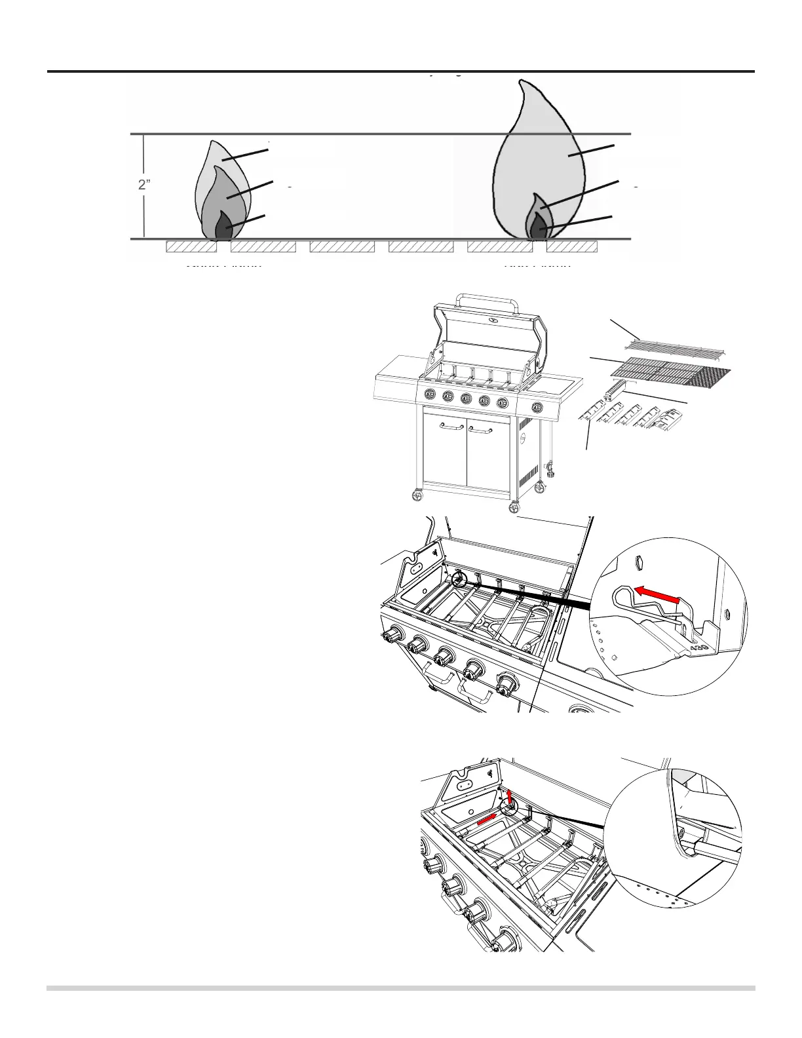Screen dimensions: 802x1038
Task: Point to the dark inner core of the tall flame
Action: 538,228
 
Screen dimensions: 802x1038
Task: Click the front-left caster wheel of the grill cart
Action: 416,497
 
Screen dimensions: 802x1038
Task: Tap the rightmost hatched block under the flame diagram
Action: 571,247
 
